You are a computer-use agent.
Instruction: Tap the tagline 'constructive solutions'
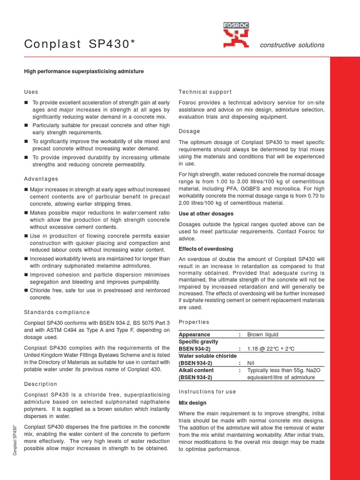292,45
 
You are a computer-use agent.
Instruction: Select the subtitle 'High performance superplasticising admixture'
84,71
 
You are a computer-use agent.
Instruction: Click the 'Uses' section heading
31,92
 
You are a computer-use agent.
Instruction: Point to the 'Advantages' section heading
41,179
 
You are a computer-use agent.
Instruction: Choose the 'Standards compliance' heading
57,312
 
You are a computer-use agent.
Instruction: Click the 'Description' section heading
41,384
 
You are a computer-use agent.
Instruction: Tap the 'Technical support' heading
205,92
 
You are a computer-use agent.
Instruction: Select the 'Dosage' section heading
189,131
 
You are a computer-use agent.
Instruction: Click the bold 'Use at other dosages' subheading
206,214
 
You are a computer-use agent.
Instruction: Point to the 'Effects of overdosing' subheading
206,249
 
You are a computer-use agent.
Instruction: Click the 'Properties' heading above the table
194,322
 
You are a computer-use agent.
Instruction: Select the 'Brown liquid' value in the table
262,335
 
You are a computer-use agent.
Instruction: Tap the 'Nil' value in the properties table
252,363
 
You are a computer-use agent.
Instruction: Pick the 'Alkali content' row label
196,370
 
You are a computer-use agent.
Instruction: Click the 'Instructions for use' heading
207,391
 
